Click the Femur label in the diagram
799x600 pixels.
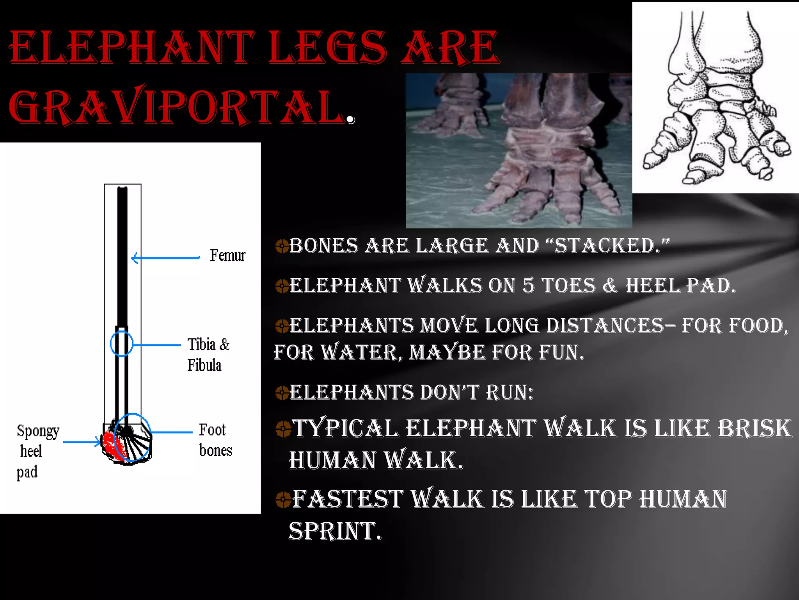pos(227,255)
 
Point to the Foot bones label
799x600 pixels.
pos(215,440)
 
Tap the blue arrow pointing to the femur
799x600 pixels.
pos(166,258)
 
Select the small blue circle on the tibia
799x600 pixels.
pos(121,344)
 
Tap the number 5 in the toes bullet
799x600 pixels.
pos(528,286)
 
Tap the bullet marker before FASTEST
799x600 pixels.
pos(283,499)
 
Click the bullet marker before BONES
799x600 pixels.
pos(282,246)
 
